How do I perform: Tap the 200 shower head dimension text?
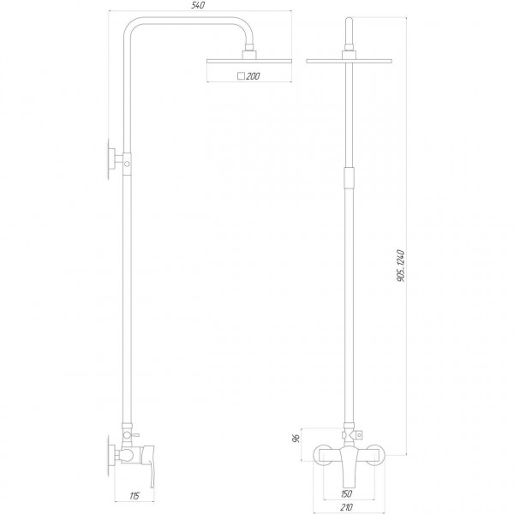[253, 77]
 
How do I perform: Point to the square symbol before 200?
[242, 77]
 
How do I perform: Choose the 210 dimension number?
[347, 505]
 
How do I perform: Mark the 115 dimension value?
[134, 496]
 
